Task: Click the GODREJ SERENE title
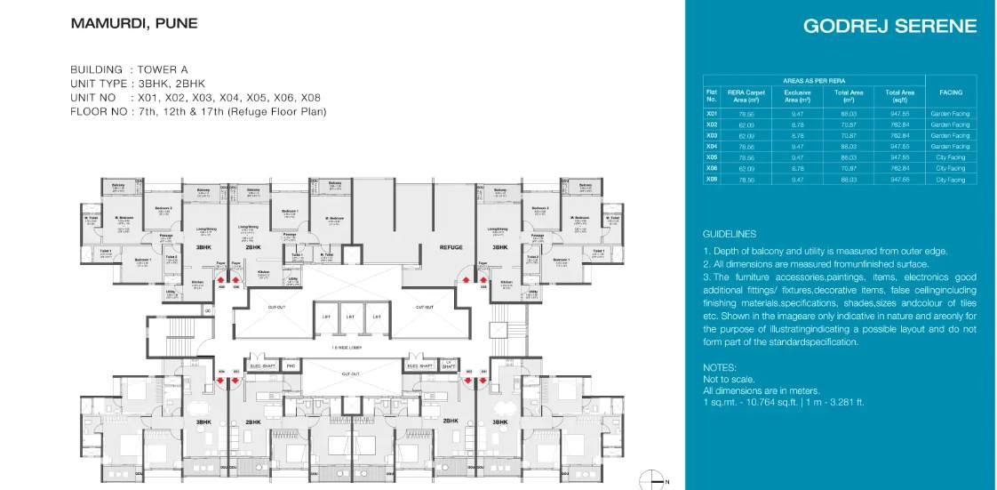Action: click(x=889, y=26)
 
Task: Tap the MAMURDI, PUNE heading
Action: click(x=134, y=23)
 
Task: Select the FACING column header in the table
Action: click(x=950, y=92)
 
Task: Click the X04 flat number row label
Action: click(x=711, y=146)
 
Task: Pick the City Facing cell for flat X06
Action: click(x=950, y=168)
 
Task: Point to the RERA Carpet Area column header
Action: click(x=746, y=95)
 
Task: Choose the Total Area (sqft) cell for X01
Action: click(x=899, y=114)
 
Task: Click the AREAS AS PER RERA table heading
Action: click(x=814, y=79)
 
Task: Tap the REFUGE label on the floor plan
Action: click(x=451, y=247)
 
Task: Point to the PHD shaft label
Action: click(x=291, y=365)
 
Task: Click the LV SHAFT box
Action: click(x=449, y=364)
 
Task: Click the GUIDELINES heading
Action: click(x=729, y=234)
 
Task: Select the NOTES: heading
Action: click(x=720, y=367)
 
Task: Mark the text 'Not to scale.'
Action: click(x=728, y=379)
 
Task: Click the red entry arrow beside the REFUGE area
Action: click(x=465, y=279)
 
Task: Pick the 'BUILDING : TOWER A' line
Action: click(x=129, y=69)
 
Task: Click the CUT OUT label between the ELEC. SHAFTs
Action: click(x=350, y=374)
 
